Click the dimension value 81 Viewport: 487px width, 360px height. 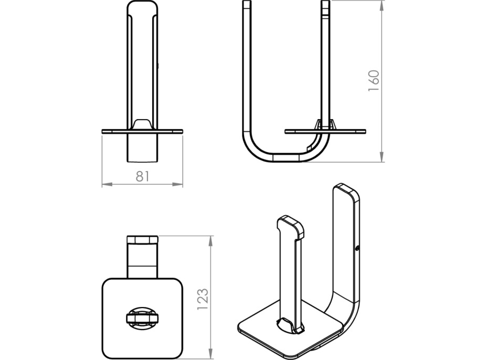pyautogui.click(x=142, y=176)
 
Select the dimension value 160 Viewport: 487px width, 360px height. pyautogui.click(x=373, y=81)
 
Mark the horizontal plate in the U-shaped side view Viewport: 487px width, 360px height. pyautogui.click(x=325, y=130)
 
